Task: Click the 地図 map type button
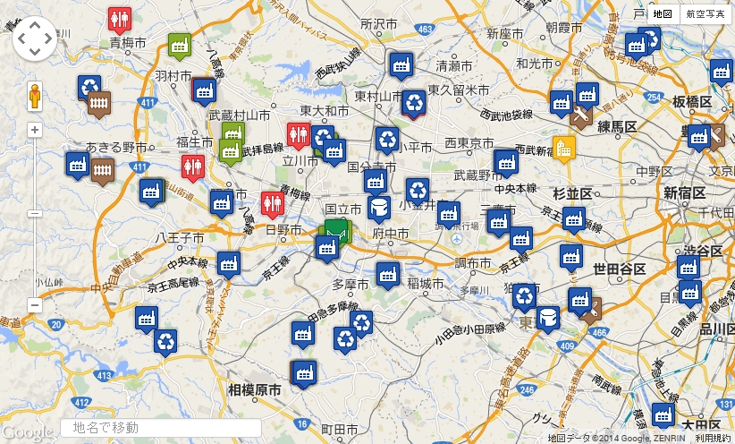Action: pos(662,13)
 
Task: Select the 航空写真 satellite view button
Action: pos(705,13)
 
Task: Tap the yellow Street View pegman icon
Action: pos(35,95)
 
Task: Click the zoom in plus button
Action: pos(35,130)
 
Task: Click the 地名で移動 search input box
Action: pos(161,428)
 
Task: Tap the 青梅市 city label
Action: pos(127,42)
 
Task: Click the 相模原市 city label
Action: pos(254,390)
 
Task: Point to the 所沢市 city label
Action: pos(378,22)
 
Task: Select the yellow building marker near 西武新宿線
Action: pos(563,148)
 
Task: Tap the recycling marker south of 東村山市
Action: pos(414,101)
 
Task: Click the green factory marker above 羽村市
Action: pos(179,44)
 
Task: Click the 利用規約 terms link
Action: pos(713,438)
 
